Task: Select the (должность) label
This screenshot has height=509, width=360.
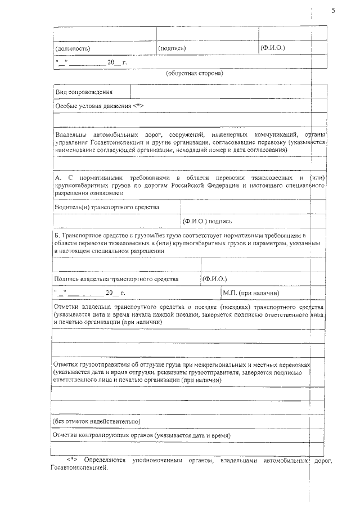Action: pos(73,48)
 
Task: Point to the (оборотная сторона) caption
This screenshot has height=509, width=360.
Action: pos(195,74)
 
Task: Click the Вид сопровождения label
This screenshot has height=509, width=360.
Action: pos(84,92)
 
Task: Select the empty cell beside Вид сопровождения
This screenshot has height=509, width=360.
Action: pos(228,92)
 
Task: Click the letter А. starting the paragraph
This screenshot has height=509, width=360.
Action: pos(58,178)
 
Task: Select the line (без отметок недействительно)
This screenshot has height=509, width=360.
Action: pos(96,421)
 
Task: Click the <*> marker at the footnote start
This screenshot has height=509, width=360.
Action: pos(72,461)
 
